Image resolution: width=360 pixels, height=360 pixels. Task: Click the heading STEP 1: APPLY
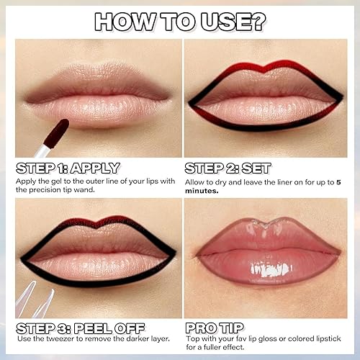[67, 168]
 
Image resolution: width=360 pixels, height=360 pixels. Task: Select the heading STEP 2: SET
[228, 168]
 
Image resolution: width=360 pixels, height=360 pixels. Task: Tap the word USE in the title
[227, 22]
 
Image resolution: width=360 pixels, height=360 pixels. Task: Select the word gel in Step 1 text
[54, 182]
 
